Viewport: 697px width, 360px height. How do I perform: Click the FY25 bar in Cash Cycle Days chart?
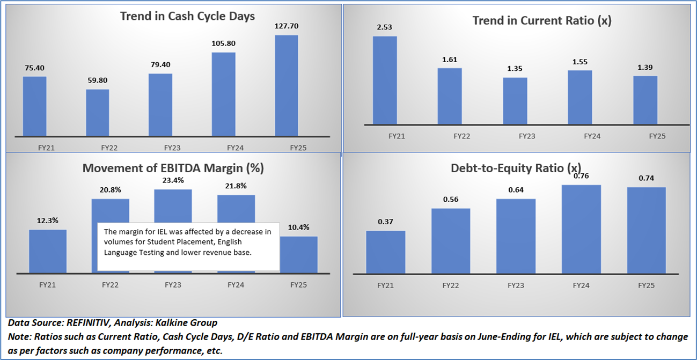click(x=286, y=86)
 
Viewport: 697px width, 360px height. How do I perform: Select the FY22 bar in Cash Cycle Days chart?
click(x=97, y=113)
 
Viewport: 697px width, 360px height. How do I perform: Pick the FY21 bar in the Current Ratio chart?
click(x=385, y=80)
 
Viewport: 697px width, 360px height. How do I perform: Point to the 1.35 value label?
click(x=515, y=69)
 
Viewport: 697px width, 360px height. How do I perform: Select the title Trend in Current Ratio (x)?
click(x=542, y=20)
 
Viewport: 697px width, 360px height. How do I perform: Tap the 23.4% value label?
click(x=173, y=180)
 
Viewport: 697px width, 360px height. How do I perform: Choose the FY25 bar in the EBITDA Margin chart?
click(x=298, y=255)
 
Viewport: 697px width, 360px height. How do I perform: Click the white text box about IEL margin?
click(x=188, y=246)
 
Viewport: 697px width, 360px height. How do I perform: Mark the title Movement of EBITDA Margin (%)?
click(x=173, y=168)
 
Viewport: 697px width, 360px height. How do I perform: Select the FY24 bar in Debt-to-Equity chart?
click(x=581, y=229)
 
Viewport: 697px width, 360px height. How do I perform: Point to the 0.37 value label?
click(x=385, y=222)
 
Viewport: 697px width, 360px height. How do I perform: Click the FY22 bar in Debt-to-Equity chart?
click(x=451, y=240)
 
